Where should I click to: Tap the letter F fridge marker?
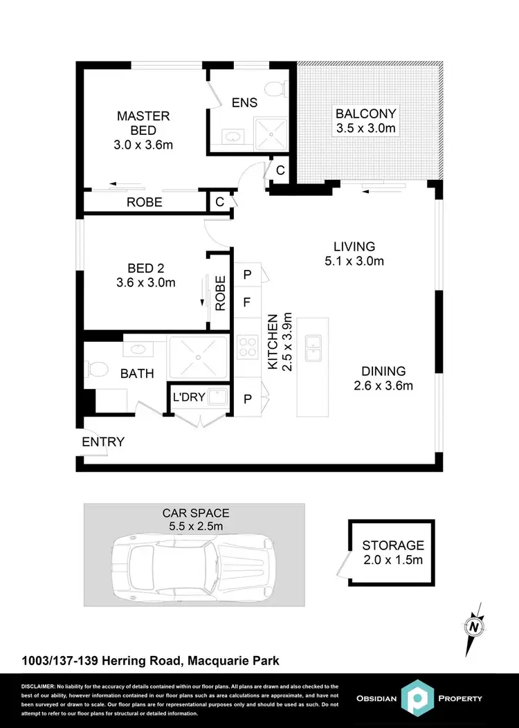click(246, 302)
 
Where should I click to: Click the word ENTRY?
click(103, 442)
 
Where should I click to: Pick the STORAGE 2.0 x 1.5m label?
click(392, 552)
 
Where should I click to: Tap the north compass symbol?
click(474, 627)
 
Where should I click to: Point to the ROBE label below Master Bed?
click(144, 202)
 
